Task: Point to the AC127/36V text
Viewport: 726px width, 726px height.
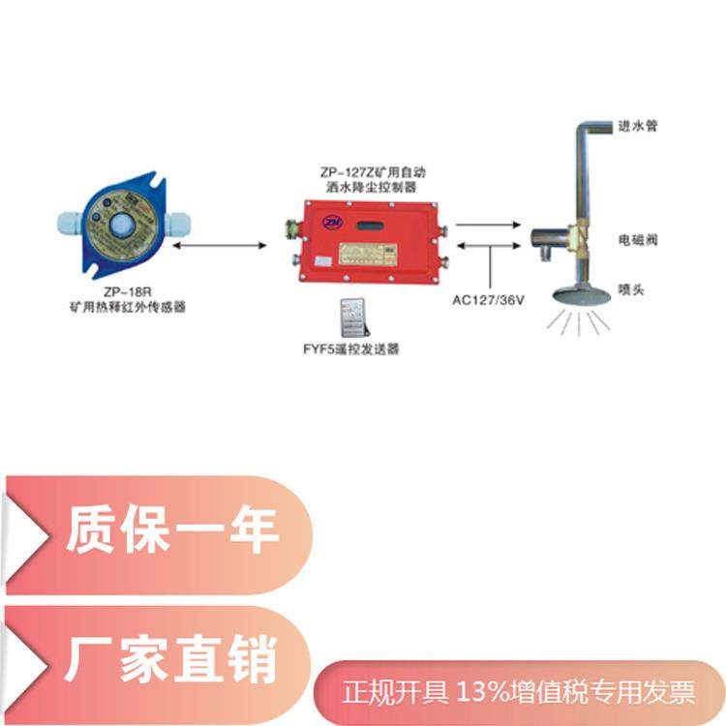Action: click(490, 299)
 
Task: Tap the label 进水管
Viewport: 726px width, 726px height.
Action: click(638, 126)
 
